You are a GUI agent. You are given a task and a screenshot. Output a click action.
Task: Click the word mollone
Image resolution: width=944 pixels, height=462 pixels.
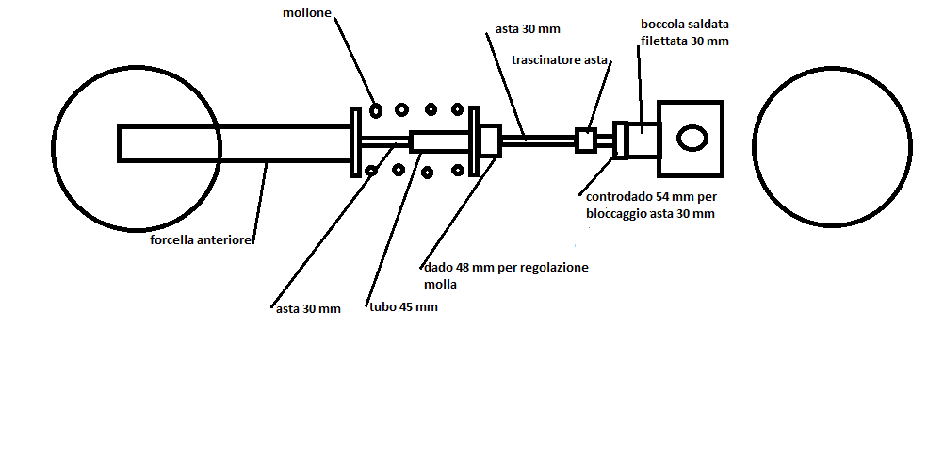308,13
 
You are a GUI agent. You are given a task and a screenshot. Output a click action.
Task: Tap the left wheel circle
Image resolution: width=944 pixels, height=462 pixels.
137,85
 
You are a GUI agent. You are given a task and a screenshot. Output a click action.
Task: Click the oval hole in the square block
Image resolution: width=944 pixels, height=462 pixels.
692,138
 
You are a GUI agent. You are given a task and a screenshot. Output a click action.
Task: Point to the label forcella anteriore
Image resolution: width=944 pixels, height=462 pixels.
201,240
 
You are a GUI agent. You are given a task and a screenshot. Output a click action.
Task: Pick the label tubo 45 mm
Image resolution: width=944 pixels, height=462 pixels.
403,307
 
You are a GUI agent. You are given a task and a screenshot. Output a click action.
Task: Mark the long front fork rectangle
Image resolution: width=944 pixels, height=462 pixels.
236,142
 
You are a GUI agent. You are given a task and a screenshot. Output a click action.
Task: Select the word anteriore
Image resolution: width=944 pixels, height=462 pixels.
226,240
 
